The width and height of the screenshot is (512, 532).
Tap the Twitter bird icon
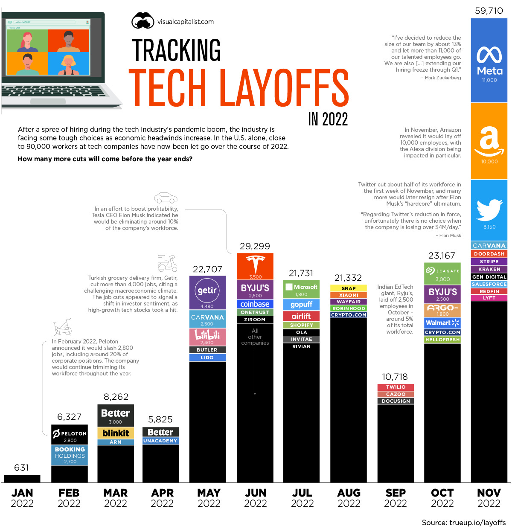pos(489,210)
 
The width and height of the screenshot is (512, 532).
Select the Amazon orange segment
pos(489,141)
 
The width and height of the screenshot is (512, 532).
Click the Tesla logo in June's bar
pos(255,265)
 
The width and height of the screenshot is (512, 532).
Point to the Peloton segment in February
pos(70,434)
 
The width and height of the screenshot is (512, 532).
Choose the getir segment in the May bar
pos(207,292)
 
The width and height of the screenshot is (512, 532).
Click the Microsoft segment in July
pos(301,289)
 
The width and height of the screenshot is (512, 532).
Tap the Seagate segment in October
pos(442,273)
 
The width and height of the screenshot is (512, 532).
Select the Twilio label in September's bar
pos(396,387)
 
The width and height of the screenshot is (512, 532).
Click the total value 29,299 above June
pos(255,246)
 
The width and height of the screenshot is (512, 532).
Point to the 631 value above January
pos(21,468)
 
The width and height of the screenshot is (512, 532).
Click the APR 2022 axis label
pos(162,498)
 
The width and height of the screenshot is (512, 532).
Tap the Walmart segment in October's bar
pos(442,323)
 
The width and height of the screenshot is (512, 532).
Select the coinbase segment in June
pos(255,304)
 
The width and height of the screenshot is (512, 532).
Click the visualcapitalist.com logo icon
pos(143,21)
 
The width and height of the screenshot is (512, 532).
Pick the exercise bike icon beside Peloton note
pos(62,328)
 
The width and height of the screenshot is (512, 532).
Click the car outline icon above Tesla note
pos(166,198)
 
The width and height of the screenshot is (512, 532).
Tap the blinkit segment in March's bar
pos(116,433)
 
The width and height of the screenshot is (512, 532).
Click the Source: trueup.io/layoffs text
pos(463,523)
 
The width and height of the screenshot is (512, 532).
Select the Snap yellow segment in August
pos(349,288)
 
